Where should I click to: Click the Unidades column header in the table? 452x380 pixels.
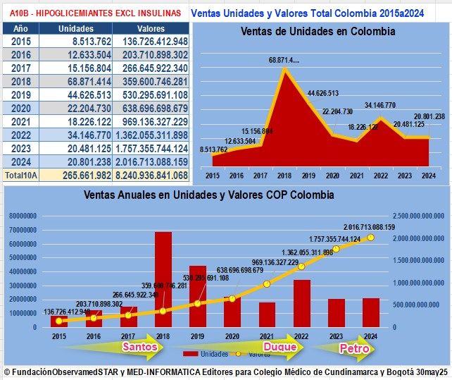tap(75, 28)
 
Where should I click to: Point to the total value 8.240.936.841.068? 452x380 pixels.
tap(150, 174)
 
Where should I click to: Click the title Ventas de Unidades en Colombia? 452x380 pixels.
tap(318, 32)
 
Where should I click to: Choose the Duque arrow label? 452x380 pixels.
tap(279, 347)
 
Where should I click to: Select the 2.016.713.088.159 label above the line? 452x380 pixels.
tap(370, 227)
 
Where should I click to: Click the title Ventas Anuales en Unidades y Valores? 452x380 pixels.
tap(209, 195)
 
